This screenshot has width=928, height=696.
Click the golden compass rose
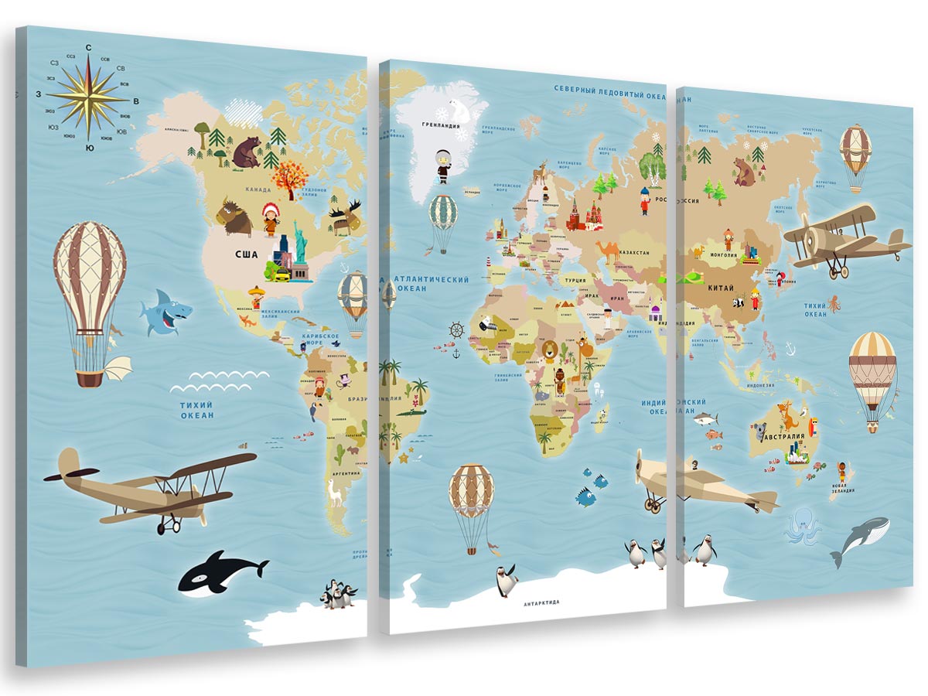(x=88, y=97)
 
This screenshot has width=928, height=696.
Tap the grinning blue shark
(x=165, y=312)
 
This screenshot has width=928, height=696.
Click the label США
(x=247, y=254)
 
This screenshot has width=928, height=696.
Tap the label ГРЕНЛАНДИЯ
(x=441, y=125)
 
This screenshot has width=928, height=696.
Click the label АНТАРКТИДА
(x=541, y=602)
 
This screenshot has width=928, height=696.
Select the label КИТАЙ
(x=721, y=288)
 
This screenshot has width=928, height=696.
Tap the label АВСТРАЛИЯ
(x=783, y=436)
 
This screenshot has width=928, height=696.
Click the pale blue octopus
(x=801, y=527)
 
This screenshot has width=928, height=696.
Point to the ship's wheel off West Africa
(x=456, y=329)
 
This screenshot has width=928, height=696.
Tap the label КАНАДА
(x=258, y=189)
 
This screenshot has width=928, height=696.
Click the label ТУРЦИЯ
(x=575, y=281)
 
